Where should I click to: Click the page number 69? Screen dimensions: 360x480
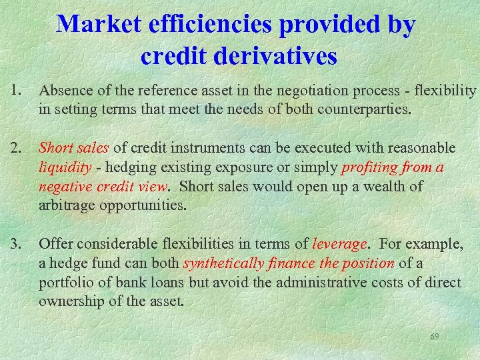[434, 337]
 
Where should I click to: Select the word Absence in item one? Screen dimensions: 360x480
[65, 91]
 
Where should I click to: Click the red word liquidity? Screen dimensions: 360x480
[65, 167]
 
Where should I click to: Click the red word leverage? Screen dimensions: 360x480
[339, 244]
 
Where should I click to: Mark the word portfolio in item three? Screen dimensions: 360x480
[65, 283]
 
